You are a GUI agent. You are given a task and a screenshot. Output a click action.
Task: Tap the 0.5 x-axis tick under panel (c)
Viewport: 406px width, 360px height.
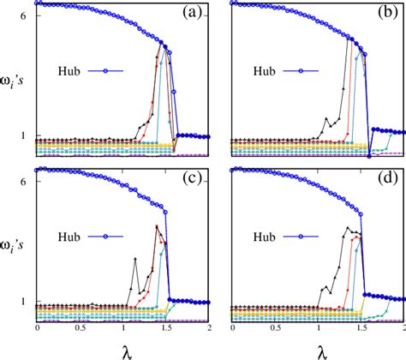click(80, 330)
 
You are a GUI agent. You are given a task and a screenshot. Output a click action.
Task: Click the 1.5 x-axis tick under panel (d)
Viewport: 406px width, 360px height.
click(362, 330)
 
